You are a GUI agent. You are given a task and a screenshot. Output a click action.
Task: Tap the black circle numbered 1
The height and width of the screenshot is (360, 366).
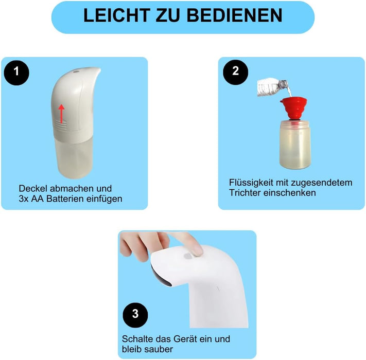click(x=16, y=72)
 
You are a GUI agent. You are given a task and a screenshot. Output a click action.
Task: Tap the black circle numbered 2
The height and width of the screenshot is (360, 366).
click(x=235, y=72)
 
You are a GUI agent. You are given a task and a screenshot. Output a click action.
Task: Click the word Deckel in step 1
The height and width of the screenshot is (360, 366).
click(x=33, y=189)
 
